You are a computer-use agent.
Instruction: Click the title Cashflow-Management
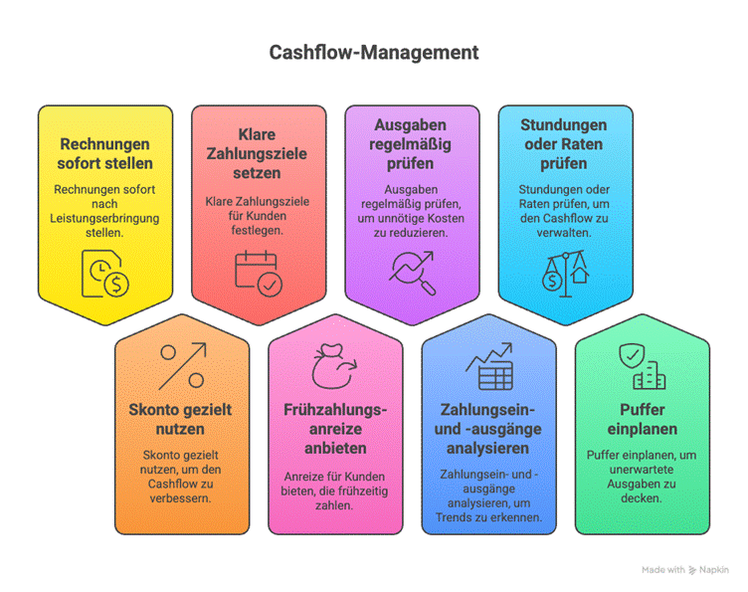coord(374,53)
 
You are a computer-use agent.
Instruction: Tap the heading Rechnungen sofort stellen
coord(105,153)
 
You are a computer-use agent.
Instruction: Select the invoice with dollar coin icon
coord(105,274)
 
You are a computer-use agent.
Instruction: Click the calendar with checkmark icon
coord(259,274)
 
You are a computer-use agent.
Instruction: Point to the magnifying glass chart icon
coord(412,273)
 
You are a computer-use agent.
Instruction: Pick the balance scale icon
coord(566,274)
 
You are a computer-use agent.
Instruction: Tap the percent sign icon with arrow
coord(182,366)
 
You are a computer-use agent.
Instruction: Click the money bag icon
coord(334,366)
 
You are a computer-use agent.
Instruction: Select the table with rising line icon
coord(489,366)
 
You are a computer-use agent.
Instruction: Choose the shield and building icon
coord(643,366)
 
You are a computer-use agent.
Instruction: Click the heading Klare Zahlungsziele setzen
coord(257,153)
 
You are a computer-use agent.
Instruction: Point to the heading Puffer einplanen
coord(643,419)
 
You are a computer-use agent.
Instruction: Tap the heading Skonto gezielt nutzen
coord(180,419)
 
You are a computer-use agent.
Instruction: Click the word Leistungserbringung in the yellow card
coord(104,219)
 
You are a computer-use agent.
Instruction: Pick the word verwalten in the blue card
coord(564,233)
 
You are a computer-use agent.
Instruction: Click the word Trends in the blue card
coord(454,517)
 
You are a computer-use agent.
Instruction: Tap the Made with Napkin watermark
coord(685,569)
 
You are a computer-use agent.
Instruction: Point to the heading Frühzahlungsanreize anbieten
coord(335,429)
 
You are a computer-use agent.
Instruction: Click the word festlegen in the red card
coord(257,231)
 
